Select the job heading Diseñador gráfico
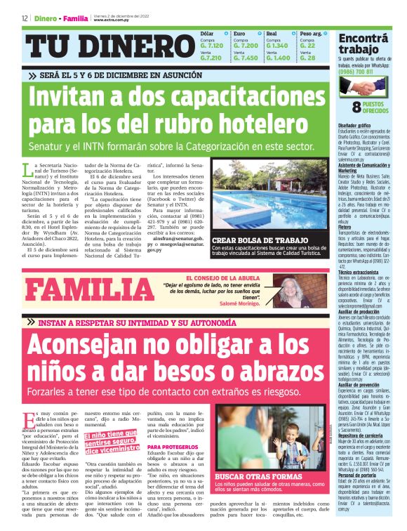click(354, 125)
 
